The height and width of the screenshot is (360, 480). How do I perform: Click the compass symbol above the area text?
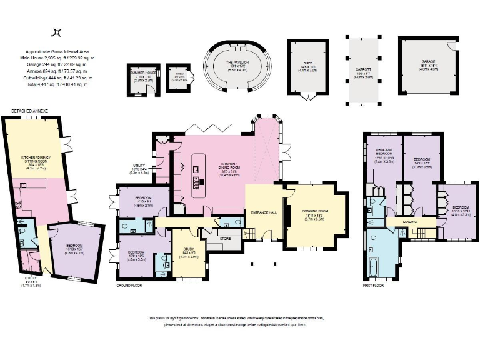57,32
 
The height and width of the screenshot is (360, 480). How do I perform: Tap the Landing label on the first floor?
411,221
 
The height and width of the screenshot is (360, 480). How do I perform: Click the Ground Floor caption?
129,285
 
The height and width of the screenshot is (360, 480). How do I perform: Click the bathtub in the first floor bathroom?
374,267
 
